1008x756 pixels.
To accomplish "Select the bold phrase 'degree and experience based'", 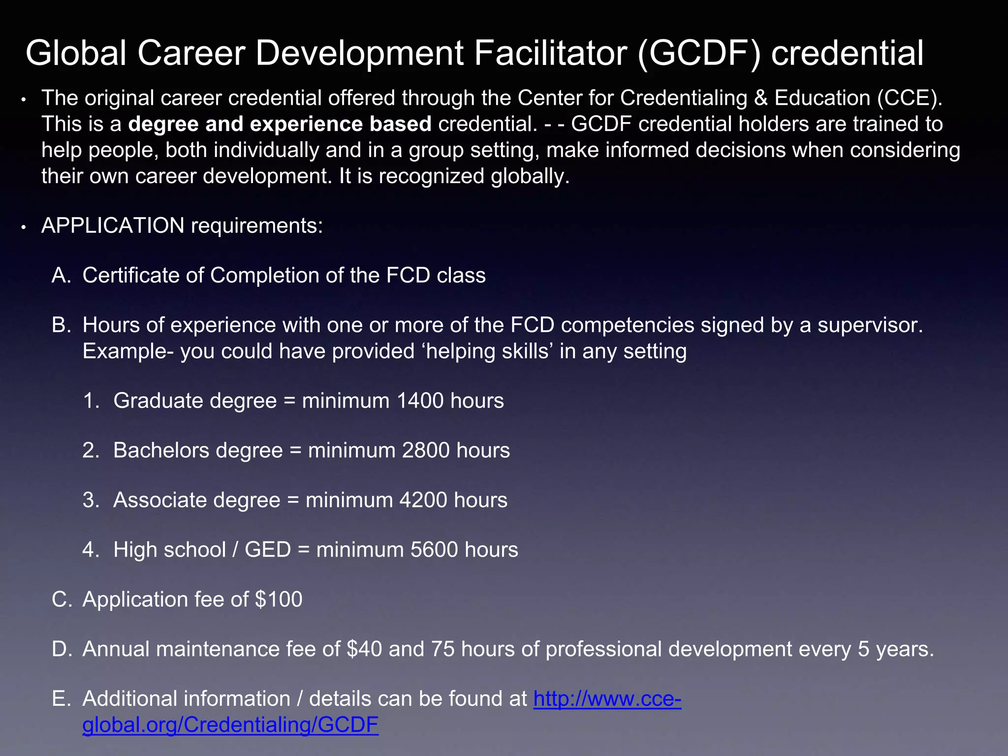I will coord(280,124).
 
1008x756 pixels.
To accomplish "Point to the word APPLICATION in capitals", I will coord(113,225).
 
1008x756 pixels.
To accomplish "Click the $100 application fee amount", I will coord(279,599).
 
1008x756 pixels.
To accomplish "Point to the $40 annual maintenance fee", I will coord(364,649).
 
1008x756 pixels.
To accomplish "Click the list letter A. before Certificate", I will coord(62,275).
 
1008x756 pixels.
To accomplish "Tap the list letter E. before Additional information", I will coord(61,699).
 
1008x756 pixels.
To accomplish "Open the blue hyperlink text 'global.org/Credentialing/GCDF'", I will coord(230,725).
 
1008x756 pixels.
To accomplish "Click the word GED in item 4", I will coord(268,550).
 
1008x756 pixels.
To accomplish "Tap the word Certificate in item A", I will coord(130,275).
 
